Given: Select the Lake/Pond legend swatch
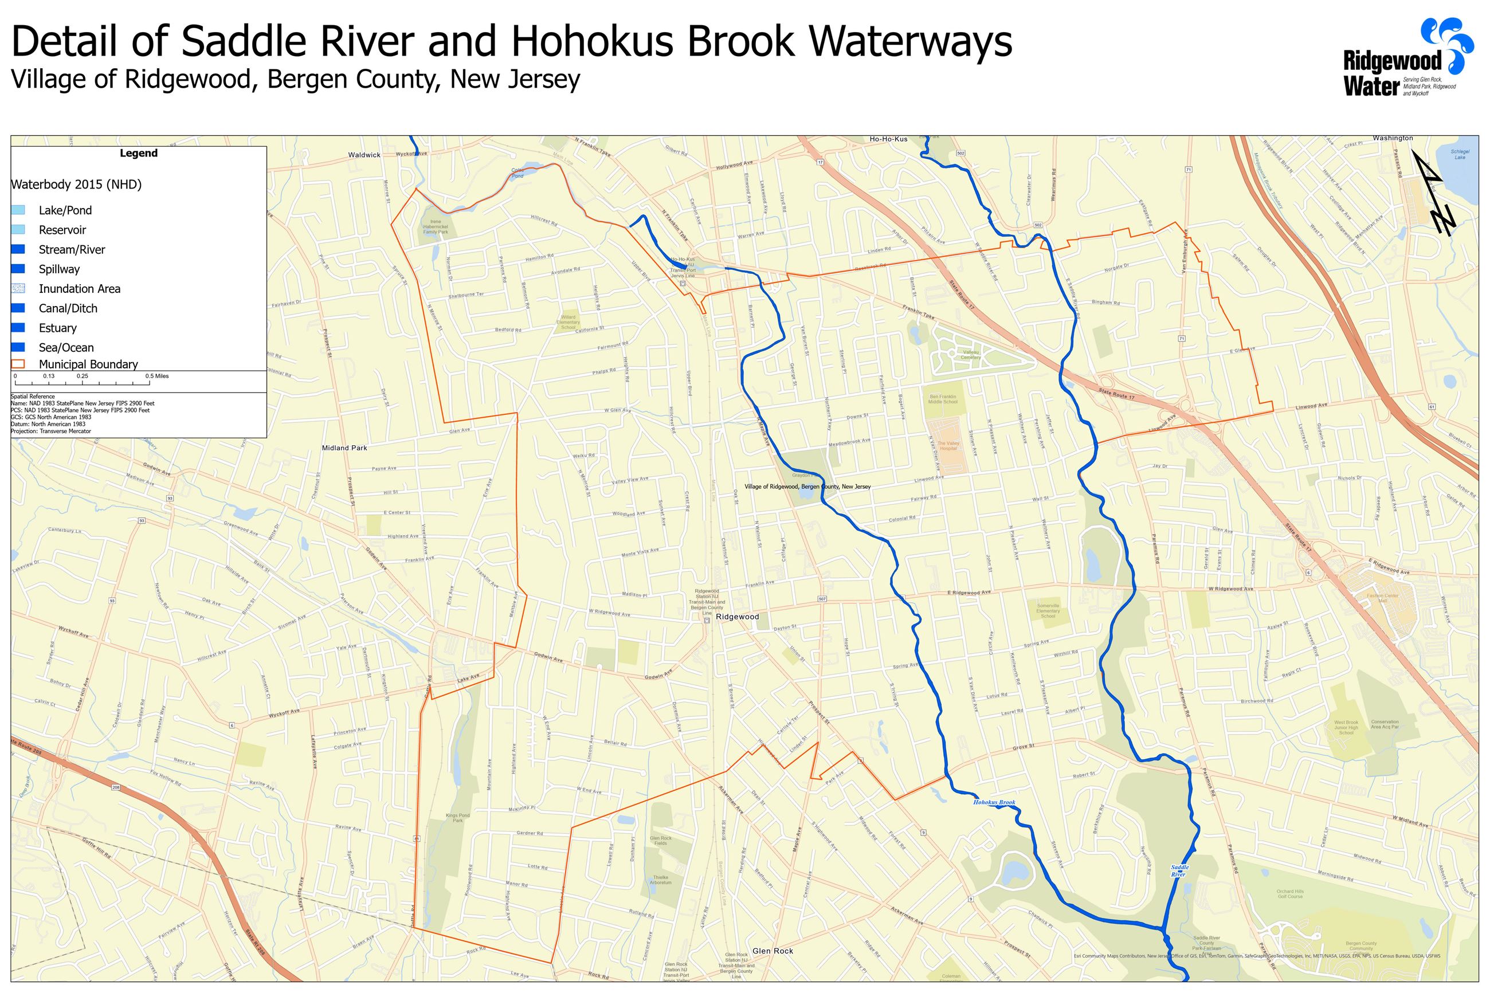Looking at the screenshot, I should tap(18, 210).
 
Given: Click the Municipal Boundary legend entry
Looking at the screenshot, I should tap(88, 364).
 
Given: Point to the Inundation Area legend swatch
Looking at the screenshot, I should tap(18, 289).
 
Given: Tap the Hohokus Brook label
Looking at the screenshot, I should tap(994, 802).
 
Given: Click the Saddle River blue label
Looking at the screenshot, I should tap(1179, 871).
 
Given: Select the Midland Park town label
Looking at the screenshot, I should tap(344, 448).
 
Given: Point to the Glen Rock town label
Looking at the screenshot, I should tap(773, 951).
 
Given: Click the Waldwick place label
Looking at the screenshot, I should tap(364, 155).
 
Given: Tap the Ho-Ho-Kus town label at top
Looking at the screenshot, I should tap(888, 139).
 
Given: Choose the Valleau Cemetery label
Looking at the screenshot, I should tap(971, 355).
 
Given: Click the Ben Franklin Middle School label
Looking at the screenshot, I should tap(943, 399).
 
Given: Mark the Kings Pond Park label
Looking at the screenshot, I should tap(457, 818).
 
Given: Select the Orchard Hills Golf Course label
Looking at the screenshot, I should tap(1290, 893).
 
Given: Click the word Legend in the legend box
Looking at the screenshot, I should tap(139, 153).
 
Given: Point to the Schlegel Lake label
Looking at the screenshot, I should tap(1460, 154).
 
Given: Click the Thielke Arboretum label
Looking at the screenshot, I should tap(660, 880).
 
